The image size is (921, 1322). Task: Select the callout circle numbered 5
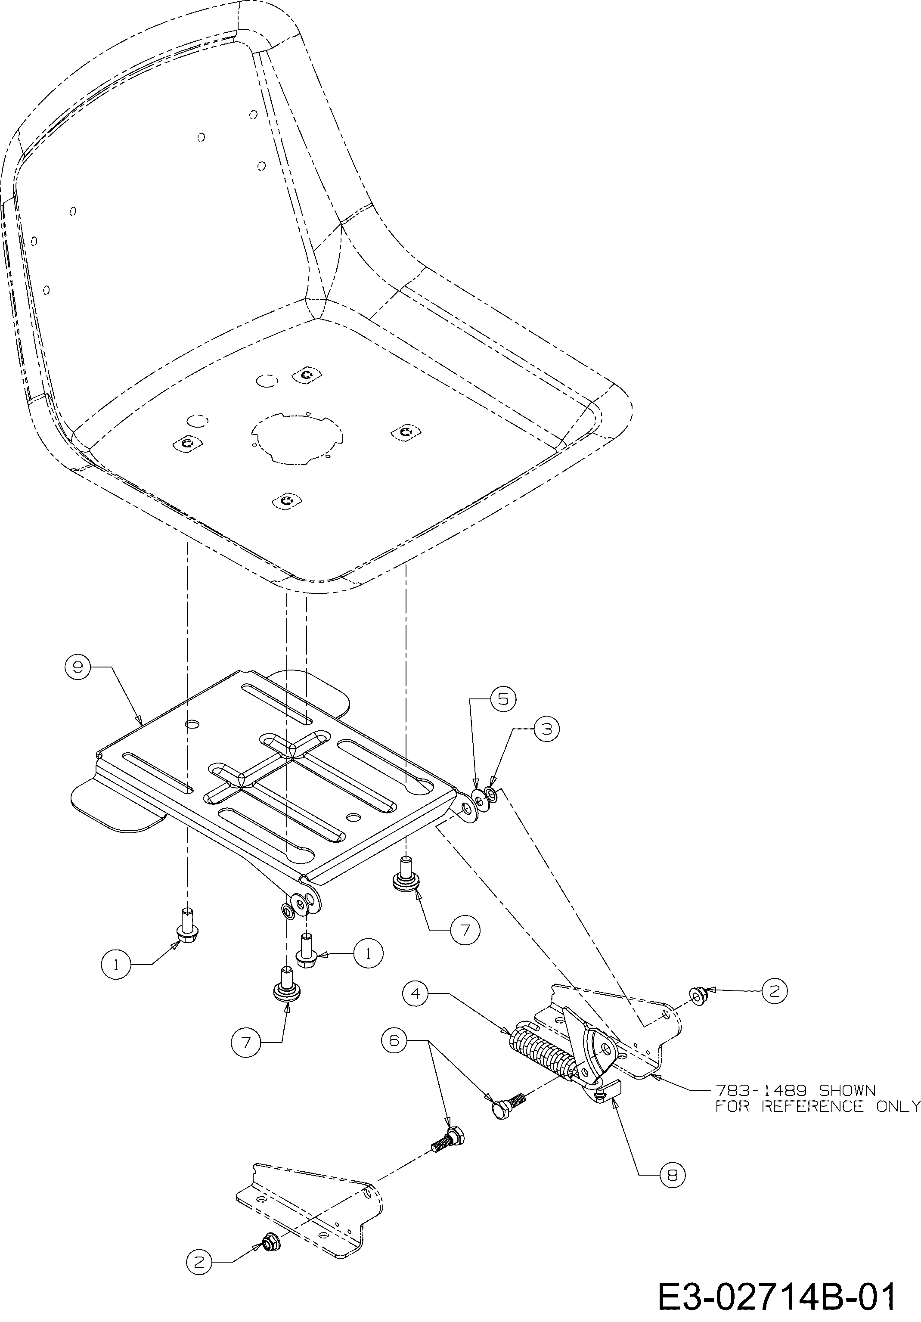pos(502,699)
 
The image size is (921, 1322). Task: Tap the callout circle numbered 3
pos(546,729)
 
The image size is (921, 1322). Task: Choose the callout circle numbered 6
pos(394,1040)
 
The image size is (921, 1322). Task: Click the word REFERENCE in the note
pos(812,1106)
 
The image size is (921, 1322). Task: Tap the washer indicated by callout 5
pos(480,801)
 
